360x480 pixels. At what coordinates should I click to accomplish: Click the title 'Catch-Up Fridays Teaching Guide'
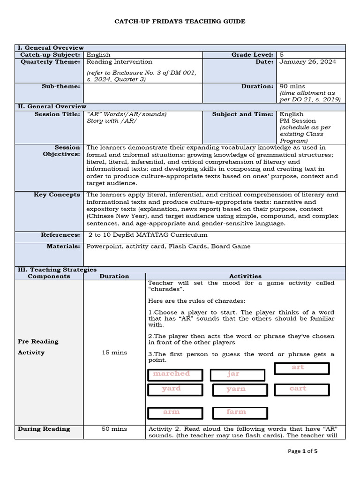click(180, 22)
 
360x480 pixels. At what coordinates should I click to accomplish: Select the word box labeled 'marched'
click(175, 375)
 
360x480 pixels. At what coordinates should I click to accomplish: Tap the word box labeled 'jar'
click(237, 375)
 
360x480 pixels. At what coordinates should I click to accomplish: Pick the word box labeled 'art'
click(301, 368)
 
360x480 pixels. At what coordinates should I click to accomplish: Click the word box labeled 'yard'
click(175, 389)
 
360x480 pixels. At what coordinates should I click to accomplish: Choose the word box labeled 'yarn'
click(240, 390)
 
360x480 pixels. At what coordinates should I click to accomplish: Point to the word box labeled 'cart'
click(301, 389)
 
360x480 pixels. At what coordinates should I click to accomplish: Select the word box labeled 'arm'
click(175, 412)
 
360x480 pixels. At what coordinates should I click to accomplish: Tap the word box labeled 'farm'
click(240, 412)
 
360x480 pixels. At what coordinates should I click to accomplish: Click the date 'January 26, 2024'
click(307, 61)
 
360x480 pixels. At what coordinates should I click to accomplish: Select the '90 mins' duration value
click(292, 86)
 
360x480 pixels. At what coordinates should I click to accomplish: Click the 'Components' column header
click(49, 276)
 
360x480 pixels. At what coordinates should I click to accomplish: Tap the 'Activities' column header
click(245, 276)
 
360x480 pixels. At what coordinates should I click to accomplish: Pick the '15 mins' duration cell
click(114, 352)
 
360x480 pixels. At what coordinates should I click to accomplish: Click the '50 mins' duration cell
click(114, 428)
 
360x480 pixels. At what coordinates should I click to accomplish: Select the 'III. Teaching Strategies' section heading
click(57, 270)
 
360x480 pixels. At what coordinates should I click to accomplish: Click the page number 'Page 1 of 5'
click(303, 451)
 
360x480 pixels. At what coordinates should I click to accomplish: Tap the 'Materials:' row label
click(63, 246)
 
